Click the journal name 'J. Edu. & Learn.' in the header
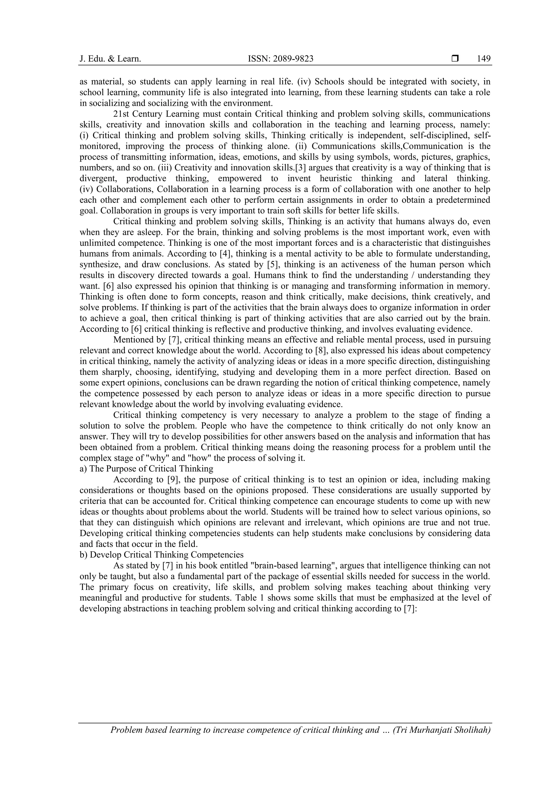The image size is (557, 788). click(x=110, y=59)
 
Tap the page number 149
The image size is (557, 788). click(x=484, y=59)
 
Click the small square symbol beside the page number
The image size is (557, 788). click(x=455, y=59)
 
